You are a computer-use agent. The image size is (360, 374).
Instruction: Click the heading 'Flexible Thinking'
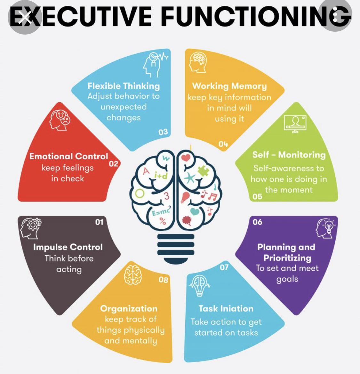point(124,86)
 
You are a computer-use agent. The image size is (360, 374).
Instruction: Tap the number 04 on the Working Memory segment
point(223,144)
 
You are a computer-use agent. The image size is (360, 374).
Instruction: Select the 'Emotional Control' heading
point(69,156)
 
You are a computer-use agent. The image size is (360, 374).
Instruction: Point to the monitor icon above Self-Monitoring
point(295,123)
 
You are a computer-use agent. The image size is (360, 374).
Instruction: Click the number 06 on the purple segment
point(257,222)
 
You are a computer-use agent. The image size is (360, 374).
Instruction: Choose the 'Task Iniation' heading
point(226,309)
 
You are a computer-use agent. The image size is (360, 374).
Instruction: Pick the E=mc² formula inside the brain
point(161,211)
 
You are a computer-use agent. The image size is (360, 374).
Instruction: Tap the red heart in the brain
point(186,158)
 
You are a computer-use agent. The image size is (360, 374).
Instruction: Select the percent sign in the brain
point(163,221)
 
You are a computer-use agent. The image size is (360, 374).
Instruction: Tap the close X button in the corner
point(25,17)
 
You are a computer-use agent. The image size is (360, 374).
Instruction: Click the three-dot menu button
point(335,16)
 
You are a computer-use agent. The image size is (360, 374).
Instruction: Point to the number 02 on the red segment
point(114,164)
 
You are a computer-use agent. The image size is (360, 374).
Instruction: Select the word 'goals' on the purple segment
point(287,279)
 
